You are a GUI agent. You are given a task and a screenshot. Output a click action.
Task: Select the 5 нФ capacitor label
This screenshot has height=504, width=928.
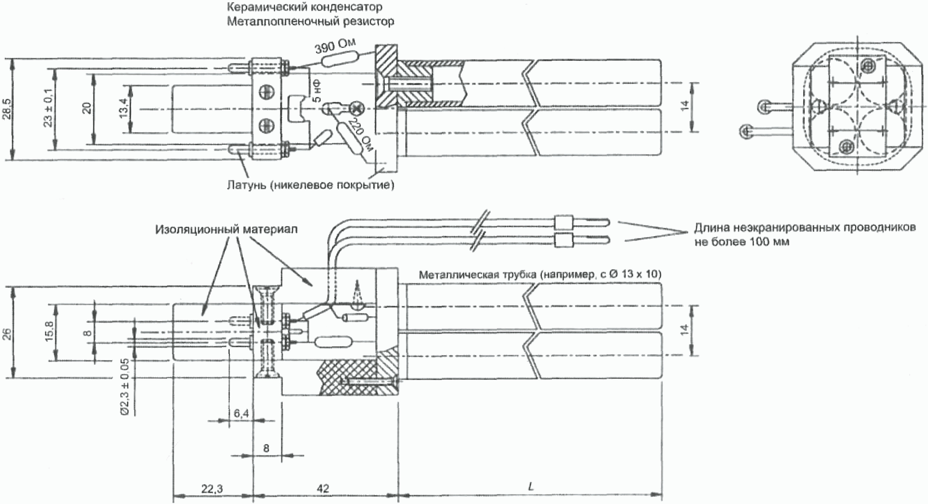[x=317, y=92]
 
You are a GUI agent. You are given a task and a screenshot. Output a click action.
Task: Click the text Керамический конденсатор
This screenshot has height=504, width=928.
[x=304, y=7]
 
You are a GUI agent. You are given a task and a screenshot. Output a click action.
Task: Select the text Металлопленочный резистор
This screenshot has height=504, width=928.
[x=310, y=21]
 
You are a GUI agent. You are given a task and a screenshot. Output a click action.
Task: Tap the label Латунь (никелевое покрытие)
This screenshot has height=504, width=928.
[x=310, y=184]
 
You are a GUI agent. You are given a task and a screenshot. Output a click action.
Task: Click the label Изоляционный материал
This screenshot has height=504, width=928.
[x=226, y=229]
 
